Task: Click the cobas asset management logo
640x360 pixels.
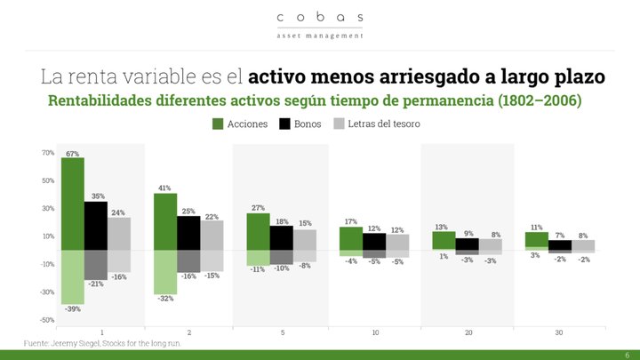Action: [320, 24]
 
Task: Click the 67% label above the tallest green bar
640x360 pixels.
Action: [73, 154]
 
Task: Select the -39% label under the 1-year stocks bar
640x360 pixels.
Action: [73, 308]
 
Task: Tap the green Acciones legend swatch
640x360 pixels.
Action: [217, 124]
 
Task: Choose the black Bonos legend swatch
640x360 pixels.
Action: [285, 124]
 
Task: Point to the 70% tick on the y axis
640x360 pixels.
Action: [48, 153]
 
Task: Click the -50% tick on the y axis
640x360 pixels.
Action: [48, 320]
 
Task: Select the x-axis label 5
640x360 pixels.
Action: [281, 332]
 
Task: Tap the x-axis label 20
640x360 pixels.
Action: [468, 332]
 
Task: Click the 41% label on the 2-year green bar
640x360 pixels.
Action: [164, 188]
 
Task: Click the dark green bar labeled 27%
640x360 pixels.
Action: [258, 231]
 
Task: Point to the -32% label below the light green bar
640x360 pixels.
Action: [165, 299]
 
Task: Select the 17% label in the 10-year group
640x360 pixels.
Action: [351, 221]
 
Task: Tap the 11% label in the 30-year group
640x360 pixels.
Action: [537, 228]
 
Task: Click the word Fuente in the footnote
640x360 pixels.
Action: [37, 343]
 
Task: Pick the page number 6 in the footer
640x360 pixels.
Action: [627, 354]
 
